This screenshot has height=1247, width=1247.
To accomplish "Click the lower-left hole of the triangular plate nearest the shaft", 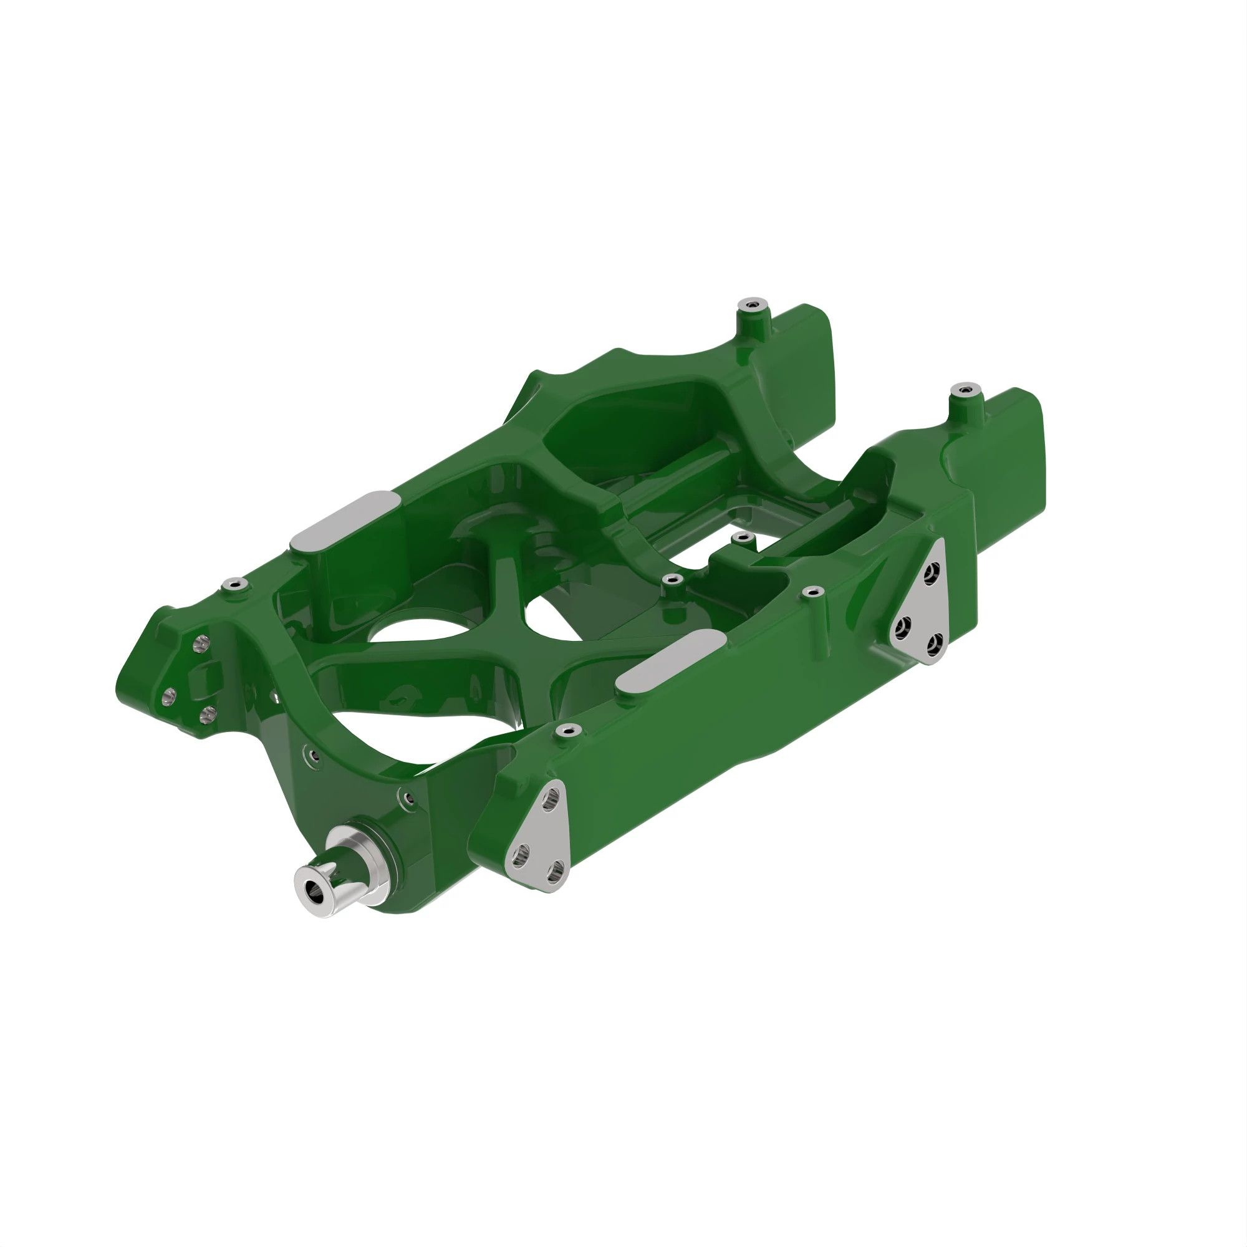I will click(x=519, y=857).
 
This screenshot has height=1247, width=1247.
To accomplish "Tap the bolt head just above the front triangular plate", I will click(x=567, y=730).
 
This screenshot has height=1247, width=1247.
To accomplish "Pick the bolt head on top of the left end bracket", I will click(x=234, y=584).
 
